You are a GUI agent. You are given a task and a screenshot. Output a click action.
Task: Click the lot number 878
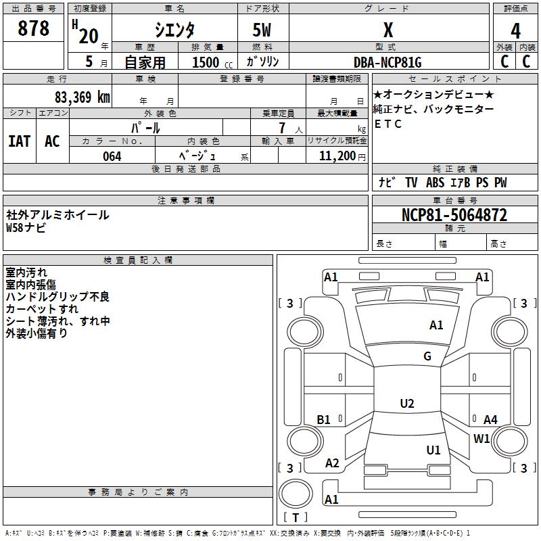click(33, 28)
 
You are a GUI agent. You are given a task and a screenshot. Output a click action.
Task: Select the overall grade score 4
click(515, 30)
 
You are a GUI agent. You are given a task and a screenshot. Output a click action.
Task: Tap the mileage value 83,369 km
click(82, 97)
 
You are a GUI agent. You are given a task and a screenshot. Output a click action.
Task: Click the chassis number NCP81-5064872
click(454, 215)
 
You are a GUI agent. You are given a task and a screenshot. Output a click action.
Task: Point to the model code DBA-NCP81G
click(387, 62)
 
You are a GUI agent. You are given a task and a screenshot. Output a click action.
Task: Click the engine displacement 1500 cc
click(212, 62)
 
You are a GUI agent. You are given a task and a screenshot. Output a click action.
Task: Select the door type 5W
click(262, 30)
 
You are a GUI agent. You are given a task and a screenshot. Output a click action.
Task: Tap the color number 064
click(112, 156)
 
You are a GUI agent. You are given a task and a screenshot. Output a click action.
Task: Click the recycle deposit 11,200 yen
click(342, 156)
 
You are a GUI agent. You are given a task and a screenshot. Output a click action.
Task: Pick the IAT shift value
click(20, 141)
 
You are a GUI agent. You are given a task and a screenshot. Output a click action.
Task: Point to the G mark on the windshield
click(427, 356)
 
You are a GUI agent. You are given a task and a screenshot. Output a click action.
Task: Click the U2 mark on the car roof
click(407, 403)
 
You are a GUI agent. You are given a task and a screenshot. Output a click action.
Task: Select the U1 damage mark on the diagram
click(433, 450)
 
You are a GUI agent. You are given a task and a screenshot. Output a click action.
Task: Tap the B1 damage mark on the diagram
click(324, 419)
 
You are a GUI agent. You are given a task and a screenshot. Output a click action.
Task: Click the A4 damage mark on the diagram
click(490, 419)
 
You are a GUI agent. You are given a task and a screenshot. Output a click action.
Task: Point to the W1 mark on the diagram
click(481, 438)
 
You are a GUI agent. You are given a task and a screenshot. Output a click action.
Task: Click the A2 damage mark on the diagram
click(332, 463)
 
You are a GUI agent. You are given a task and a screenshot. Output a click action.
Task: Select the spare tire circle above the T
click(296, 494)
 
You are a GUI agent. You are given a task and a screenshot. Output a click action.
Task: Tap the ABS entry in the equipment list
click(435, 183)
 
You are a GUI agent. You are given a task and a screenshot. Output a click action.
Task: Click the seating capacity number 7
click(282, 128)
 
